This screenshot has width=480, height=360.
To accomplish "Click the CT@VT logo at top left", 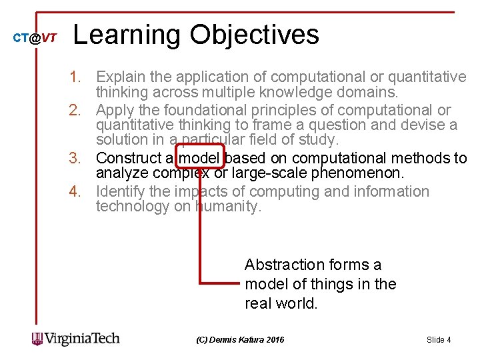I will [35, 39].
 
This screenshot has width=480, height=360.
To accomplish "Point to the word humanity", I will [229, 207].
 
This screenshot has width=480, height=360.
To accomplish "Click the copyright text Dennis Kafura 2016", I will [240, 340].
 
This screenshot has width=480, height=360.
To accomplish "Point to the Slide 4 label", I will [439, 340].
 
